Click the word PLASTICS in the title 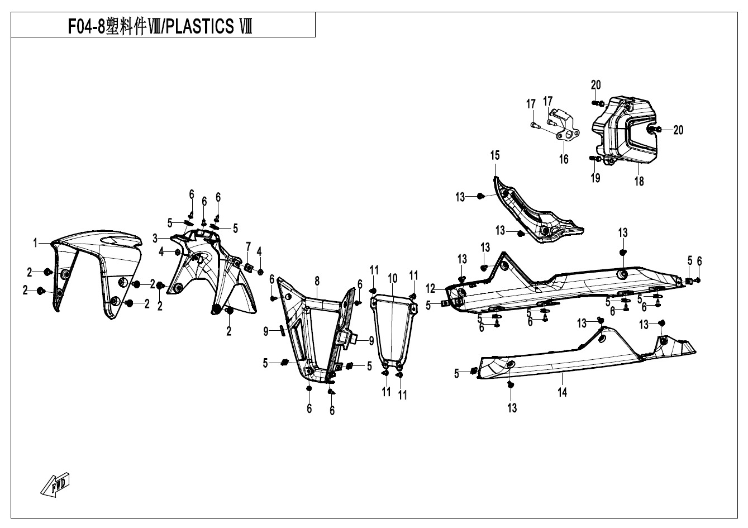(x=200, y=26)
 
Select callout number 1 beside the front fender (x=35, y=243)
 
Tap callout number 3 (x=155, y=239)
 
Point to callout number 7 (x=248, y=247)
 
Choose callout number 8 (x=317, y=281)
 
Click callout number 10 (x=393, y=278)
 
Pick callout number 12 (x=431, y=288)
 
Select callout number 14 (x=563, y=392)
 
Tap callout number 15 (x=495, y=155)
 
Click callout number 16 (x=564, y=159)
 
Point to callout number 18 (x=639, y=182)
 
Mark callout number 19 (x=595, y=178)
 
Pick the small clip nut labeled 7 (x=248, y=267)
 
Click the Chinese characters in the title (x=126, y=26)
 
